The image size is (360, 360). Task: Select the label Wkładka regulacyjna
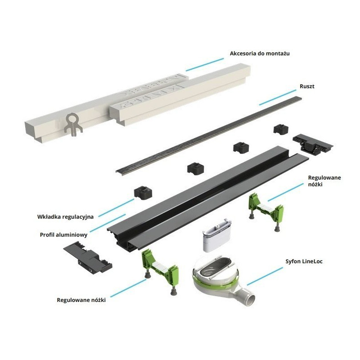tap(66, 216)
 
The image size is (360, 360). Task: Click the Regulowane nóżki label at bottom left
tap(81, 299)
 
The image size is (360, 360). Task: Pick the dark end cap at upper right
tap(312, 143)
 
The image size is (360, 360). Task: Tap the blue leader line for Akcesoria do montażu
tap(205, 64)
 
